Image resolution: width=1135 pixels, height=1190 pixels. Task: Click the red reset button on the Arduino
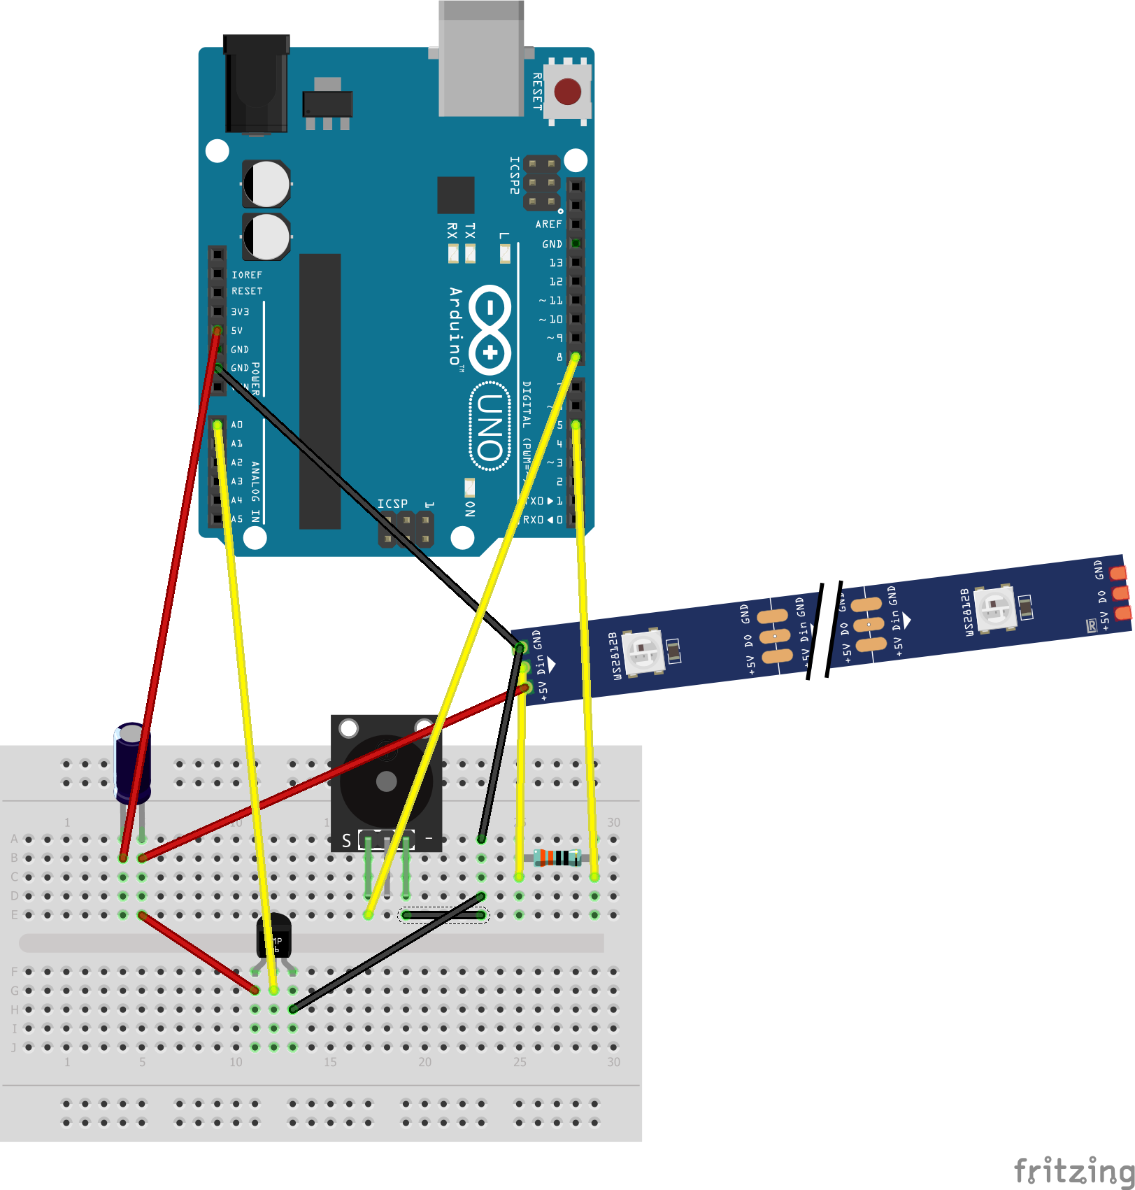coord(567,92)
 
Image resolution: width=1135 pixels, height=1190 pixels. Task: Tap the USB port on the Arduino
coord(481,59)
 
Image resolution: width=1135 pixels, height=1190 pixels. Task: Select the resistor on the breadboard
coord(557,857)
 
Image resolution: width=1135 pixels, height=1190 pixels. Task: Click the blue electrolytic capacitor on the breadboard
coord(131,763)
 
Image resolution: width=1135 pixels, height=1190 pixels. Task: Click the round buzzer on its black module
coord(386,781)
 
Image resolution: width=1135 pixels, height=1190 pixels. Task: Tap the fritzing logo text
coord(1073,1170)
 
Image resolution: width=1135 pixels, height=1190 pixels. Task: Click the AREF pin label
coord(548,225)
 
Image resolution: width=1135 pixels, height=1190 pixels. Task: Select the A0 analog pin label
coord(237,425)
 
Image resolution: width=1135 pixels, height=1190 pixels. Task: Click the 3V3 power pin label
coord(240,312)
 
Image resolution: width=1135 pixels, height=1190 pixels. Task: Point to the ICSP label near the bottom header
coord(392,504)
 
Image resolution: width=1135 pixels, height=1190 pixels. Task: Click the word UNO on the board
coord(490,427)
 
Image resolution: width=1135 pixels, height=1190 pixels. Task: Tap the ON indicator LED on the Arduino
coord(470,487)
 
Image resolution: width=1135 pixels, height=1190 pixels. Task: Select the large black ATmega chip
coord(320,391)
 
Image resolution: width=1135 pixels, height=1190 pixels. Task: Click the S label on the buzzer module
coord(346,840)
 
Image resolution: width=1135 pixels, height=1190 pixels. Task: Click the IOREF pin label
coord(246,275)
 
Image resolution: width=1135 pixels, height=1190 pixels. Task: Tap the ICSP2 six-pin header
coord(542,183)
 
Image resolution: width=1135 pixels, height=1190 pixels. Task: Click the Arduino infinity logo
coord(490,329)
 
